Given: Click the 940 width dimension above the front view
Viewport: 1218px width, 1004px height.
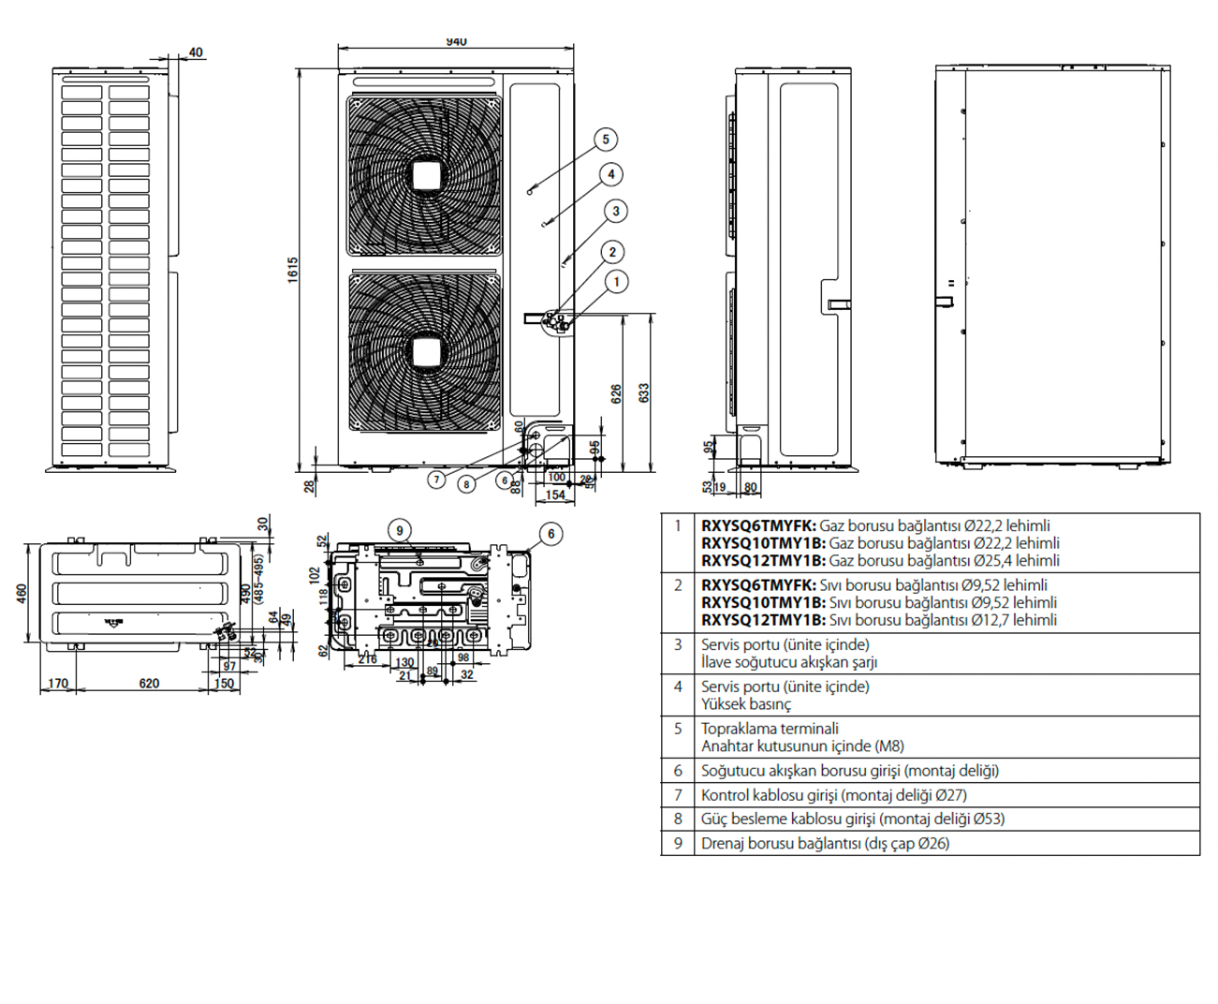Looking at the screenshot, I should pos(456,42).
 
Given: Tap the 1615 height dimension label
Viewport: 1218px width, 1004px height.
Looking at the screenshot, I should pos(293,270).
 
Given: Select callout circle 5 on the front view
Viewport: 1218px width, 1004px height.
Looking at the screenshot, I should pos(606,140).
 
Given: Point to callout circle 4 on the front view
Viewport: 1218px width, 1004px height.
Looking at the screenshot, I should pos(611,174).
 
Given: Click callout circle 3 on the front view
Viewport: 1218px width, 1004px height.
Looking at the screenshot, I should pos(616,212).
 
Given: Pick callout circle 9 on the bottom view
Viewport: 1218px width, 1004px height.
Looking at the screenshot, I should pos(400,531).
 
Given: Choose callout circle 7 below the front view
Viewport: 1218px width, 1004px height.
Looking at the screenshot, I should pos(436,480).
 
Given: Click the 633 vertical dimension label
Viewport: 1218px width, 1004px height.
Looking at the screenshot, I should pos(644,393).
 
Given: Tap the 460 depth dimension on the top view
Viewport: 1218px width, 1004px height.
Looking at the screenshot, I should pos(21,594).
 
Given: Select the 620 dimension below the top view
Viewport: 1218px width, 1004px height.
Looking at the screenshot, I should pos(149,684).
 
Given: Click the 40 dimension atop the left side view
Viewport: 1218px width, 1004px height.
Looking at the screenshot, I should pos(196,52).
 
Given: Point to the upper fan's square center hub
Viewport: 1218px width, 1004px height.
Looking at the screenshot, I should pos(426,175).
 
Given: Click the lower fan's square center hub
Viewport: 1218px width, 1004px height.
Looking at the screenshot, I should pos(426,351).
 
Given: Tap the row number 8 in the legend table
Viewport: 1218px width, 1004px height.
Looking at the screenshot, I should pos(678,819).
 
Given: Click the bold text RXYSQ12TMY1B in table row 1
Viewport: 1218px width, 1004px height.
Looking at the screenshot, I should pos(763,560).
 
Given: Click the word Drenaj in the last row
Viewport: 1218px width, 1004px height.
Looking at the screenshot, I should pos(723,843).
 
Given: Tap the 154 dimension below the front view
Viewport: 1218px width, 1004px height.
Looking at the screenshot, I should pos(556,495).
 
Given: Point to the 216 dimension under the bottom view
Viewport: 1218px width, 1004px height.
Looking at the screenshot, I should pos(368,659).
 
